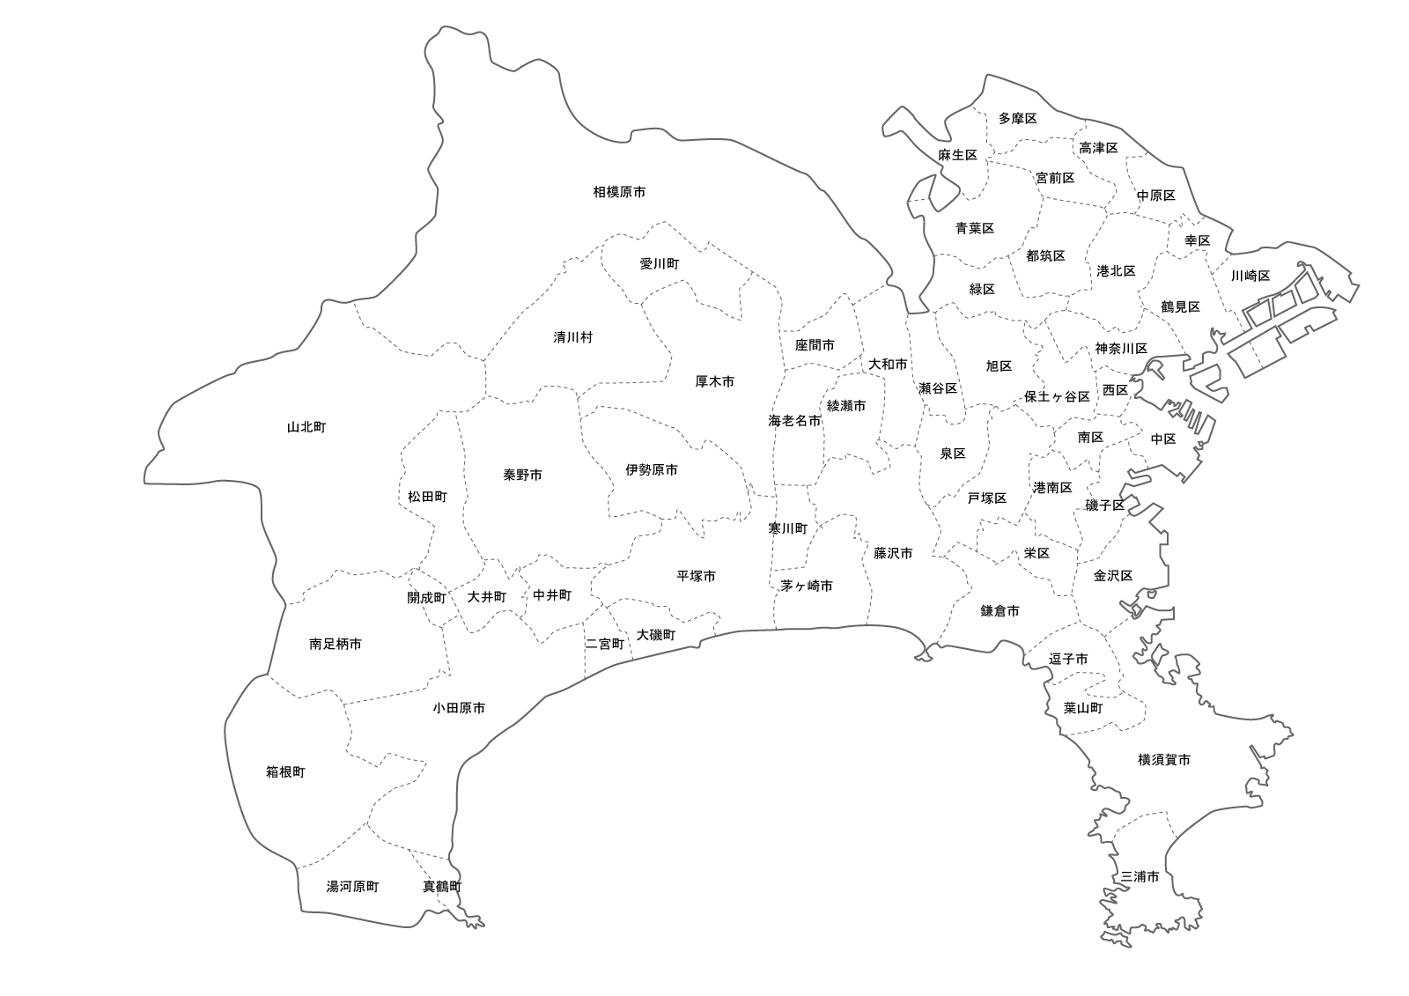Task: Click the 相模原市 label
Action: (619, 191)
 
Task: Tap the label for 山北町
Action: (306, 427)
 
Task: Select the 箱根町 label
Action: (285, 772)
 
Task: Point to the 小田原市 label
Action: (459, 708)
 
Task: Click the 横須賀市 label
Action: (1164, 759)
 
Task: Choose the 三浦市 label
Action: (1140, 877)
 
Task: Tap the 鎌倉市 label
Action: (1000, 610)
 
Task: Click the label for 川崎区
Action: (1250, 276)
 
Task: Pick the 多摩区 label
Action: (1017, 118)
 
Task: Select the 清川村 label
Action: (573, 337)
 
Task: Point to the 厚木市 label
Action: (714, 381)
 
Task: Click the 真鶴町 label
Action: (442, 887)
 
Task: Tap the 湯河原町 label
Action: (352, 887)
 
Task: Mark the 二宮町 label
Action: (605, 644)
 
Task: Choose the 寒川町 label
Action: (787, 528)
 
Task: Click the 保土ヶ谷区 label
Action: (1057, 396)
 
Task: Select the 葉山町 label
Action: (1082, 708)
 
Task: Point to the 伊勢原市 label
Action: (652, 470)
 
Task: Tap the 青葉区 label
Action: (975, 228)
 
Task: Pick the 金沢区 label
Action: (1113, 575)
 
